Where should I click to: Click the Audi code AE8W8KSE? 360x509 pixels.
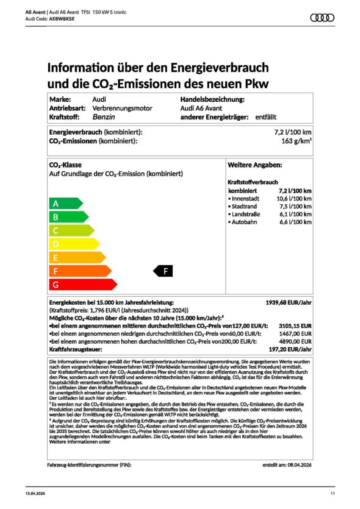[x=60, y=19]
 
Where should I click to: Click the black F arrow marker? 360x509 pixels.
[x=164, y=271]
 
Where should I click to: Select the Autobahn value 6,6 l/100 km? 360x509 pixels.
[x=295, y=222]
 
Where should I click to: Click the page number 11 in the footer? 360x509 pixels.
[x=333, y=493]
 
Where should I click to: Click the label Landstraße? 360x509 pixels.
[x=244, y=214]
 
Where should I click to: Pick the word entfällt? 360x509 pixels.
[x=267, y=116]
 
